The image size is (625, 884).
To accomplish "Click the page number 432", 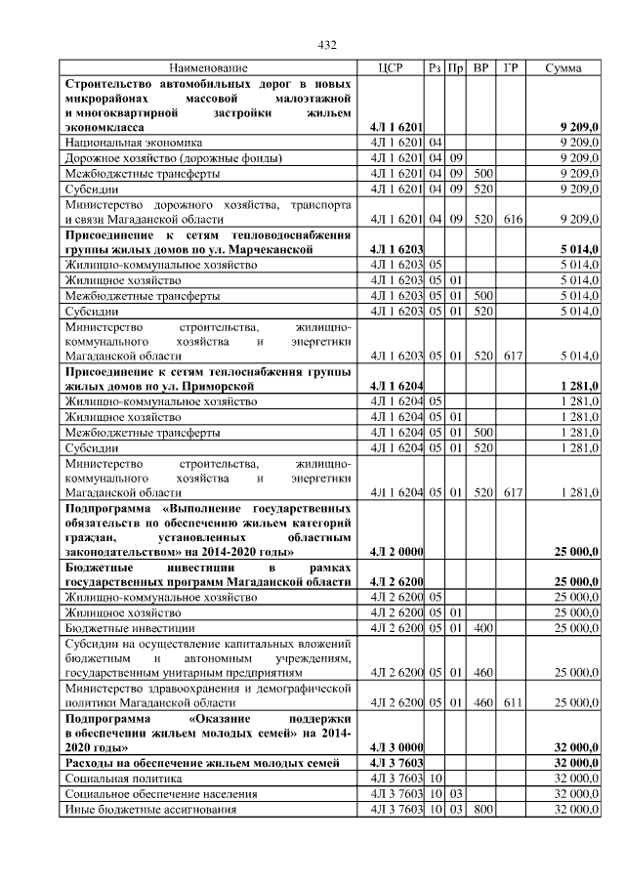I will pyautogui.click(x=328, y=45).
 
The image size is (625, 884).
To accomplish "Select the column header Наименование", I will pyautogui.click(x=208, y=68).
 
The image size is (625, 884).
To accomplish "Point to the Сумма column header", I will pyautogui.click(x=563, y=68).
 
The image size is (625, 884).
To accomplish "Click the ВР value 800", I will pyautogui.click(x=481, y=810).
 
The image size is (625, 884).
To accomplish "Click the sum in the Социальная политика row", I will pyautogui.click(x=576, y=779).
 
